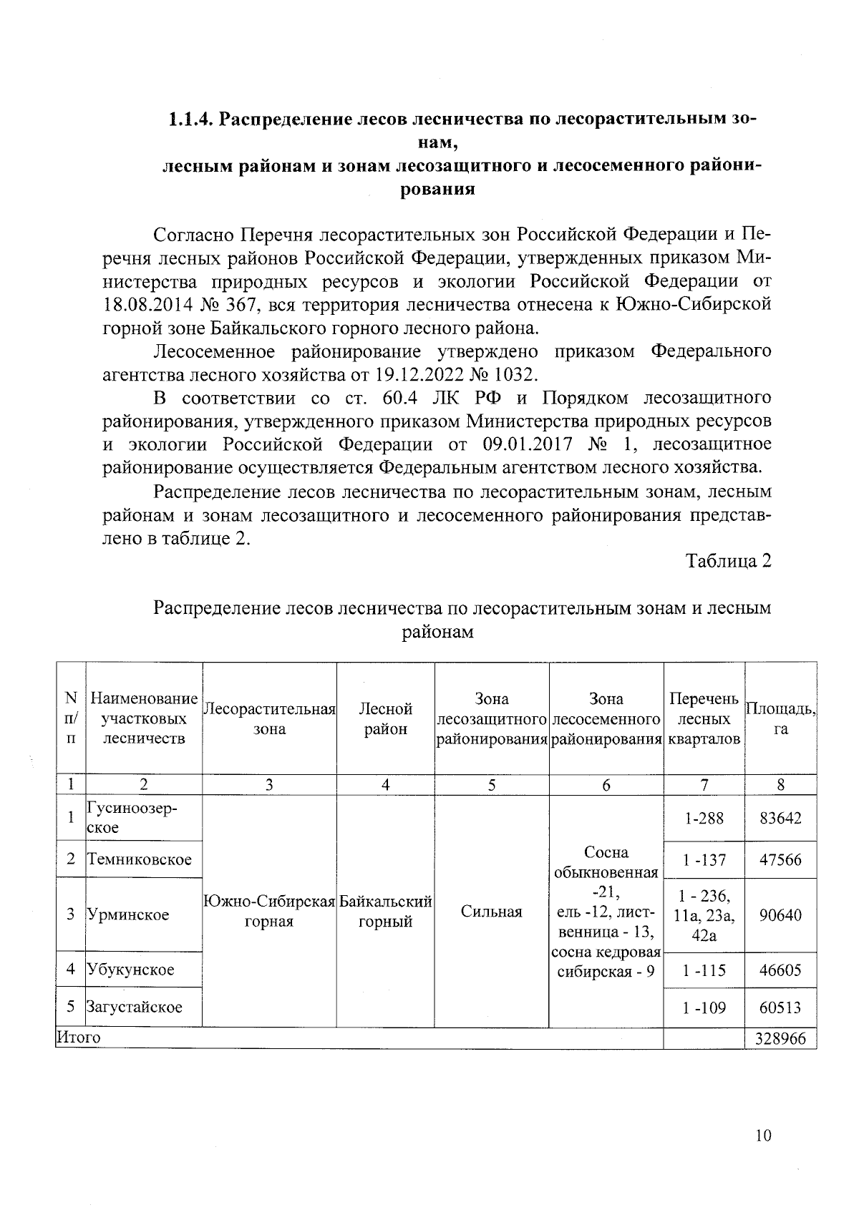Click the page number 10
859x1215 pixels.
coord(763,1136)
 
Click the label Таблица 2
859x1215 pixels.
coord(729,561)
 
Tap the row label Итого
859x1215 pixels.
coord(78,1037)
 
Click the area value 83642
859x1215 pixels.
coord(780,818)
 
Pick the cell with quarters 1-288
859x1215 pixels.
coord(704,818)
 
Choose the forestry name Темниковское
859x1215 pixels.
coord(139,859)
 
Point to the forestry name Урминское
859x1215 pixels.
coord(127,914)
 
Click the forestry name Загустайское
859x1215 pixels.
coord(134,1007)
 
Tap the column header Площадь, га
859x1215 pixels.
coord(780,718)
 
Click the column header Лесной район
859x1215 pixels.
coord(385,718)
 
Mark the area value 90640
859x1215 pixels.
coord(780,915)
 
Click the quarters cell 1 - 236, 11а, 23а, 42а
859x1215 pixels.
coord(704,915)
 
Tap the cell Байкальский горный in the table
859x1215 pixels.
coord(385,912)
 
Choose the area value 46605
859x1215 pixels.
coord(780,970)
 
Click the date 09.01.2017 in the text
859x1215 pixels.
coord(528,444)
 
